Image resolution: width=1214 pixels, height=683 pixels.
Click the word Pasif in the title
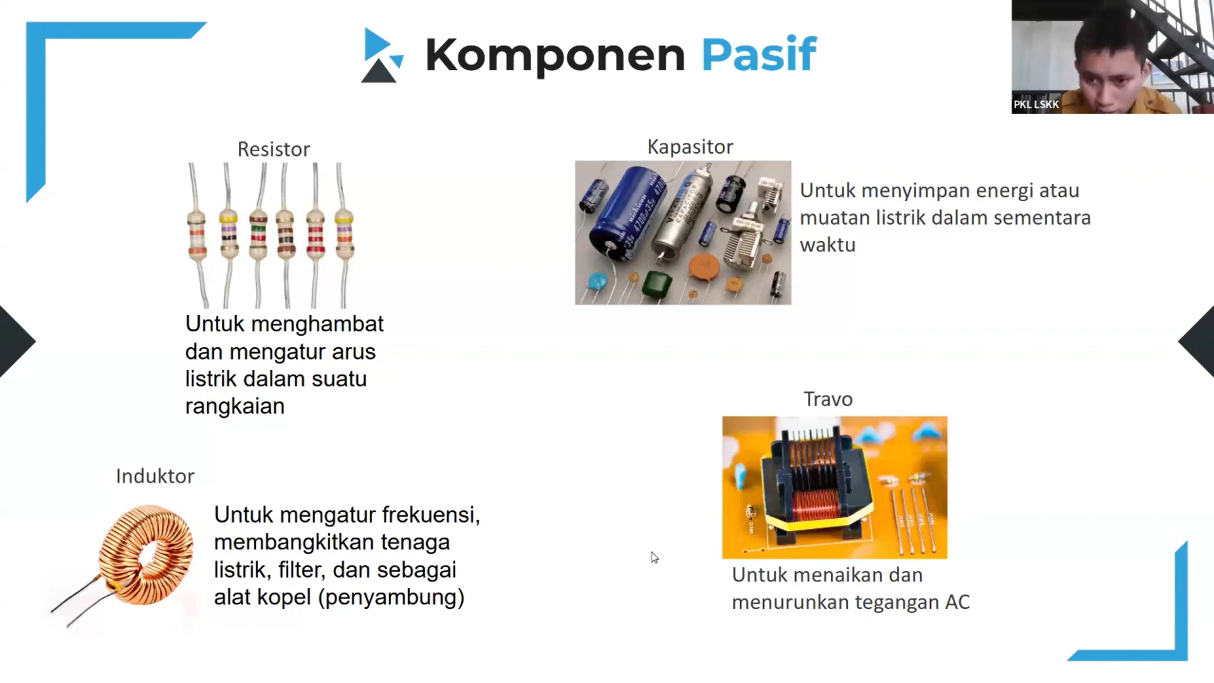[759, 54]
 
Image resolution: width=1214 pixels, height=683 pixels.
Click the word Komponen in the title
[555, 56]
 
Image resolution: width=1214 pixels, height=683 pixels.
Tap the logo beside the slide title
[382, 56]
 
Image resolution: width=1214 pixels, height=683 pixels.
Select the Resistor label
[273, 149]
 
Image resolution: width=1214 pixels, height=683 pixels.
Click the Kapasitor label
[690, 147]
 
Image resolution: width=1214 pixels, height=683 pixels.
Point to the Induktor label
[155, 476]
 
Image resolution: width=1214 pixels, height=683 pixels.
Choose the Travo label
[828, 399]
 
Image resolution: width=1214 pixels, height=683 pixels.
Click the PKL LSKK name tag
[1036, 104]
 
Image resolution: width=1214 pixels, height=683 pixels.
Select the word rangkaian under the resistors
[235, 406]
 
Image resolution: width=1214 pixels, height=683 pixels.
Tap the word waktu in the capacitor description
[827, 245]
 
